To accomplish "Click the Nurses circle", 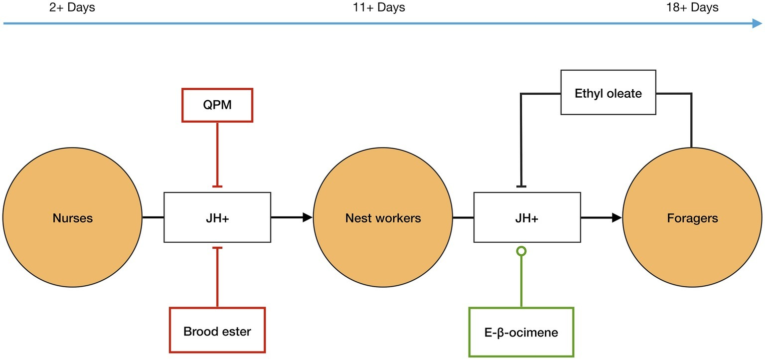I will [x=73, y=218].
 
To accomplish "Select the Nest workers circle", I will [x=383, y=218].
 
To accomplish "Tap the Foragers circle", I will [x=692, y=218].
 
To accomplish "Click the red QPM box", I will [x=217, y=105].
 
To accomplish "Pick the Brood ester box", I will [x=217, y=331].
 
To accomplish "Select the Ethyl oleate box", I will [x=608, y=93].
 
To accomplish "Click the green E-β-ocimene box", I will [x=521, y=332].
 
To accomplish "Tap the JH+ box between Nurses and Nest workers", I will [x=217, y=218].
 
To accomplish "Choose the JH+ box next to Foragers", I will [x=527, y=218].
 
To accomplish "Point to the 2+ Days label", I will [x=72, y=7].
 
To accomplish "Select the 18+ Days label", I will [x=692, y=7].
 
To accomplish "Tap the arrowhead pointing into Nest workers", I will [x=308, y=217].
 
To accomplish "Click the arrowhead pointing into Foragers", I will [x=617, y=217].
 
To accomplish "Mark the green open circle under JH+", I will [x=521, y=251].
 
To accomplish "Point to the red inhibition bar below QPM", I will [x=217, y=186].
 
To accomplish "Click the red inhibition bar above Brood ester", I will [x=217, y=248].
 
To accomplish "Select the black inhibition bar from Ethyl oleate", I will [x=521, y=186].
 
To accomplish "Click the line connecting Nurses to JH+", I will [x=153, y=217].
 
